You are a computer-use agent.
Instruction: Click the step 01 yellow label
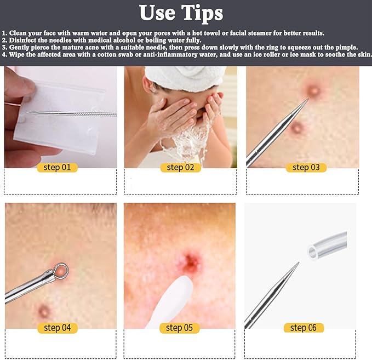pos(58,167)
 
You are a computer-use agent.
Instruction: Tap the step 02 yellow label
pos(181,167)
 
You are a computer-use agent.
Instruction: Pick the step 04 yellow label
pos(58,328)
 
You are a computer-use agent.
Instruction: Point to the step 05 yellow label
pos(181,328)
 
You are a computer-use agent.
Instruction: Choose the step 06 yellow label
pos(304,328)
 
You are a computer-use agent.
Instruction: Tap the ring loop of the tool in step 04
pos(62,269)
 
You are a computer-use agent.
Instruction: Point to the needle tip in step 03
pos(308,100)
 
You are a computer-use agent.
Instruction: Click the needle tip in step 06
pos(298,264)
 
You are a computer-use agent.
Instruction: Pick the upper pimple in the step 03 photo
pos(313,89)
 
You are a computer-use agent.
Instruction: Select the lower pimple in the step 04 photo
pos(44,311)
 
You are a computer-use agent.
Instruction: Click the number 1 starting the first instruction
pos(4,33)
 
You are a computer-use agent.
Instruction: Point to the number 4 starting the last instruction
pos(4,55)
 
